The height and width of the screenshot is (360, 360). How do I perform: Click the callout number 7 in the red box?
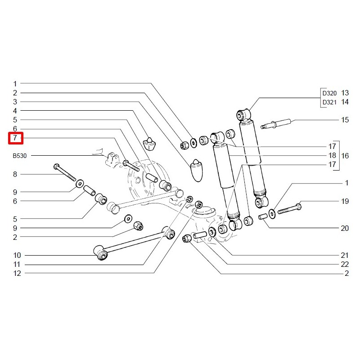coord(15,138)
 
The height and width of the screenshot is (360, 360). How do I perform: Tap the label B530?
coord(20,156)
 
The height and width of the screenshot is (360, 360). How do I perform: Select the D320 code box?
coord(329,93)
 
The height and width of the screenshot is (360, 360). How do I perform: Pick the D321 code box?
coord(329,102)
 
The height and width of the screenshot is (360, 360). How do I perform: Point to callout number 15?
coord(345,120)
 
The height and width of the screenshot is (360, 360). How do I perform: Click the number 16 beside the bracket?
coord(345,156)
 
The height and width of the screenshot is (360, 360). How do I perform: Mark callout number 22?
coord(345,264)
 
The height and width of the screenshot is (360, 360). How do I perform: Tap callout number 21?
coord(345,255)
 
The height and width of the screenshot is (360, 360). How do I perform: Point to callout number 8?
coord(15,174)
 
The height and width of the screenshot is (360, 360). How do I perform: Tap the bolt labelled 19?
coord(288,209)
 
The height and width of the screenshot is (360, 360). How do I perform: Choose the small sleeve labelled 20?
coord(264,218)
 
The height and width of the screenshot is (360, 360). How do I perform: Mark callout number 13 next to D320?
coord(345,93)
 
